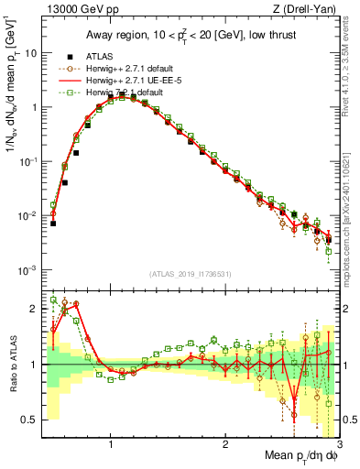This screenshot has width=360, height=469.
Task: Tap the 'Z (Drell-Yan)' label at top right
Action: (x=310, y=10)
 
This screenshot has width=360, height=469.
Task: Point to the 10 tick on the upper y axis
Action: (x=30, y=53)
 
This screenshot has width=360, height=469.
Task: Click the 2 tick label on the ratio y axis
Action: (x=34, y=309)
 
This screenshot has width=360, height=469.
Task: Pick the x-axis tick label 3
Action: (x=339, y=444)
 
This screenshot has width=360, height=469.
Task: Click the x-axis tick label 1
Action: (x=110, y=444)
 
